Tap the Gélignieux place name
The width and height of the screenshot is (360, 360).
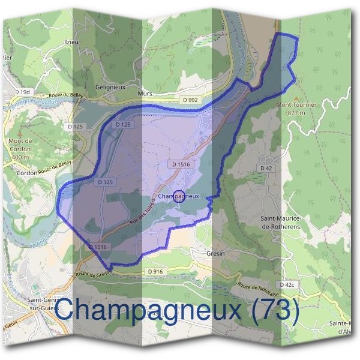(x=109, y=86)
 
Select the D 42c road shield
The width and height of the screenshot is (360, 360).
(x=286, y=284)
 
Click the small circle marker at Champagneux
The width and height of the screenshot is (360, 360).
(x=179, y=196)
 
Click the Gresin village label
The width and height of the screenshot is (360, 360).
(x=215, y=254)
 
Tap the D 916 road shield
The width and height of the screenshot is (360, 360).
(x=155, y=271)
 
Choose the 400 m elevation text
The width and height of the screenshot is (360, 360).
(x=20, y=157)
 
